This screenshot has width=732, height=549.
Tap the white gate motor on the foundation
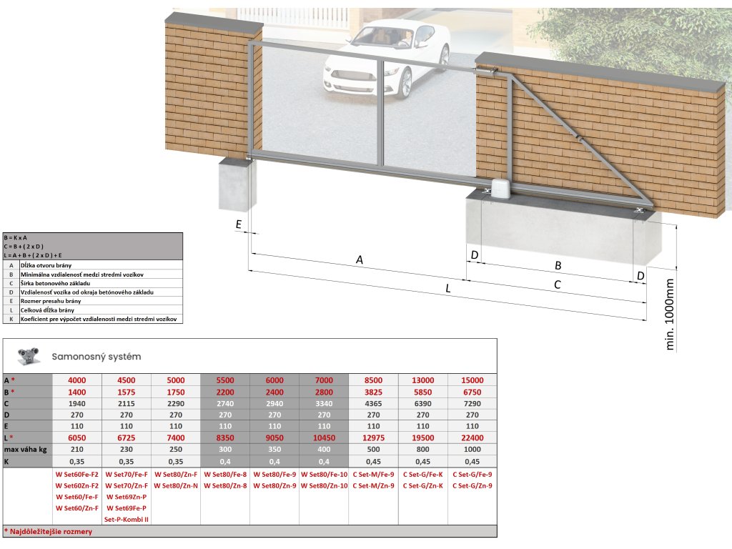(x=500, y=188)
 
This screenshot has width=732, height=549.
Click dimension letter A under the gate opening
(x=360, y=261)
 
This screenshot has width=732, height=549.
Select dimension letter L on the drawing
(x=447, y=289)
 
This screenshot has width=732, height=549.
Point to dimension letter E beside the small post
(x=238, y=224)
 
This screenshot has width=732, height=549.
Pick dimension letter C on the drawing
(x=558, y=284)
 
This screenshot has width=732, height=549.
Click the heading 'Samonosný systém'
(x=96, y=356)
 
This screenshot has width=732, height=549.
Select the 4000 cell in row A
(x=76, y=380)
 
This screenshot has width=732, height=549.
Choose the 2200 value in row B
(x=224, y=392)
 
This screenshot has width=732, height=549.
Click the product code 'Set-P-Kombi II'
(x=126, y=519)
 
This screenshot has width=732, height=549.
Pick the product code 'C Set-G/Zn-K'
(x=422, y=485)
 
